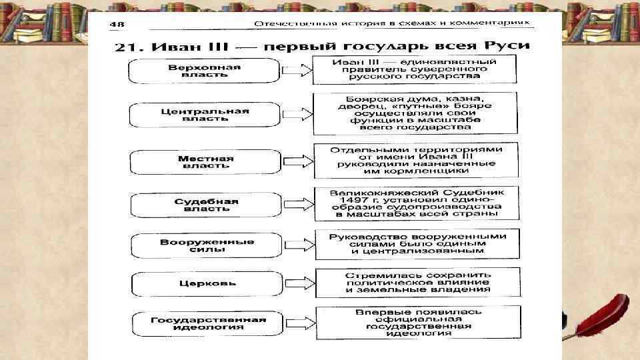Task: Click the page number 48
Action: [117, 24]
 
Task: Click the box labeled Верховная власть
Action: [205, 71]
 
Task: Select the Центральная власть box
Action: [205, 115]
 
